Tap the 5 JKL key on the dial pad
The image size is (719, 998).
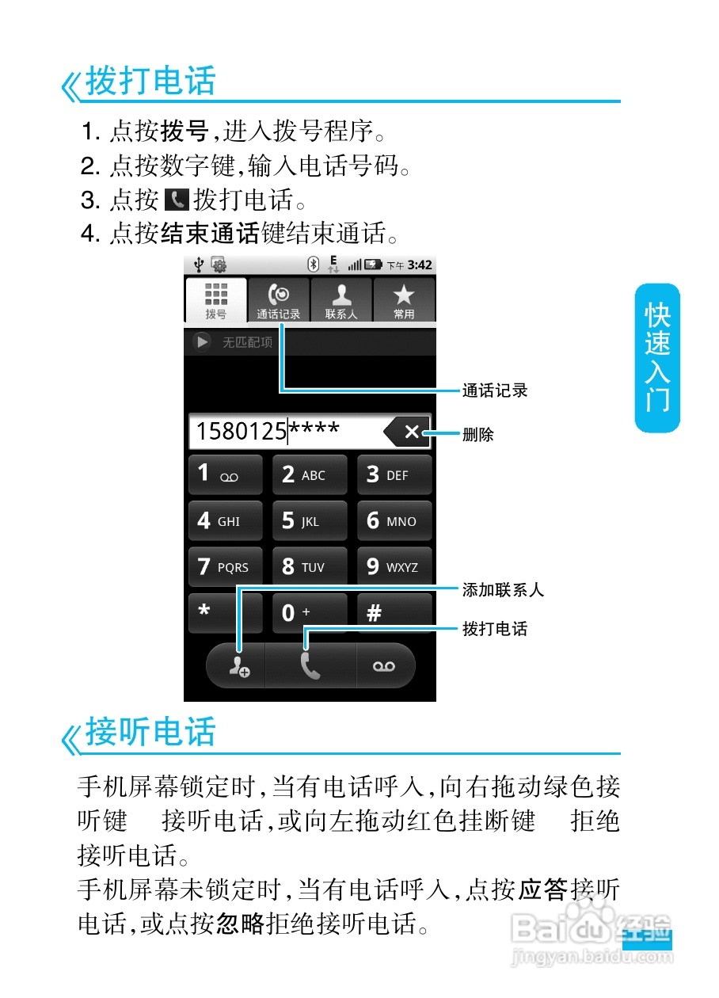[310, 521]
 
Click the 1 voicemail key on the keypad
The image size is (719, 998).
[225, 474]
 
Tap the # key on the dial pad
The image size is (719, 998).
[394, 612]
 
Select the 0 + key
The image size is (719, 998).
[310, 612]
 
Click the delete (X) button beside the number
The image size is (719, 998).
[408, 432]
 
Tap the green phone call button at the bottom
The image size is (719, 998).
[310, 666]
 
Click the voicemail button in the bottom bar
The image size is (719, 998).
[385, 666]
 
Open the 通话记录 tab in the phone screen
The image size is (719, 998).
[278, 300]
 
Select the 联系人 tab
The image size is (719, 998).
[341, 300]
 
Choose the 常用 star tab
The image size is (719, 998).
[404, 300]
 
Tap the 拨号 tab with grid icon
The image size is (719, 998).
[215, 300]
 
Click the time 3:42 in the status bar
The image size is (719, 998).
[420, 265]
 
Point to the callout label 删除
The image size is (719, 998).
[478, 434]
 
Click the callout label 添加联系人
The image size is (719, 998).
[503, 590]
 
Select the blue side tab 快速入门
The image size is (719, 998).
[657, 358]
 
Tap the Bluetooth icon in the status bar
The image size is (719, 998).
[313, 265]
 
